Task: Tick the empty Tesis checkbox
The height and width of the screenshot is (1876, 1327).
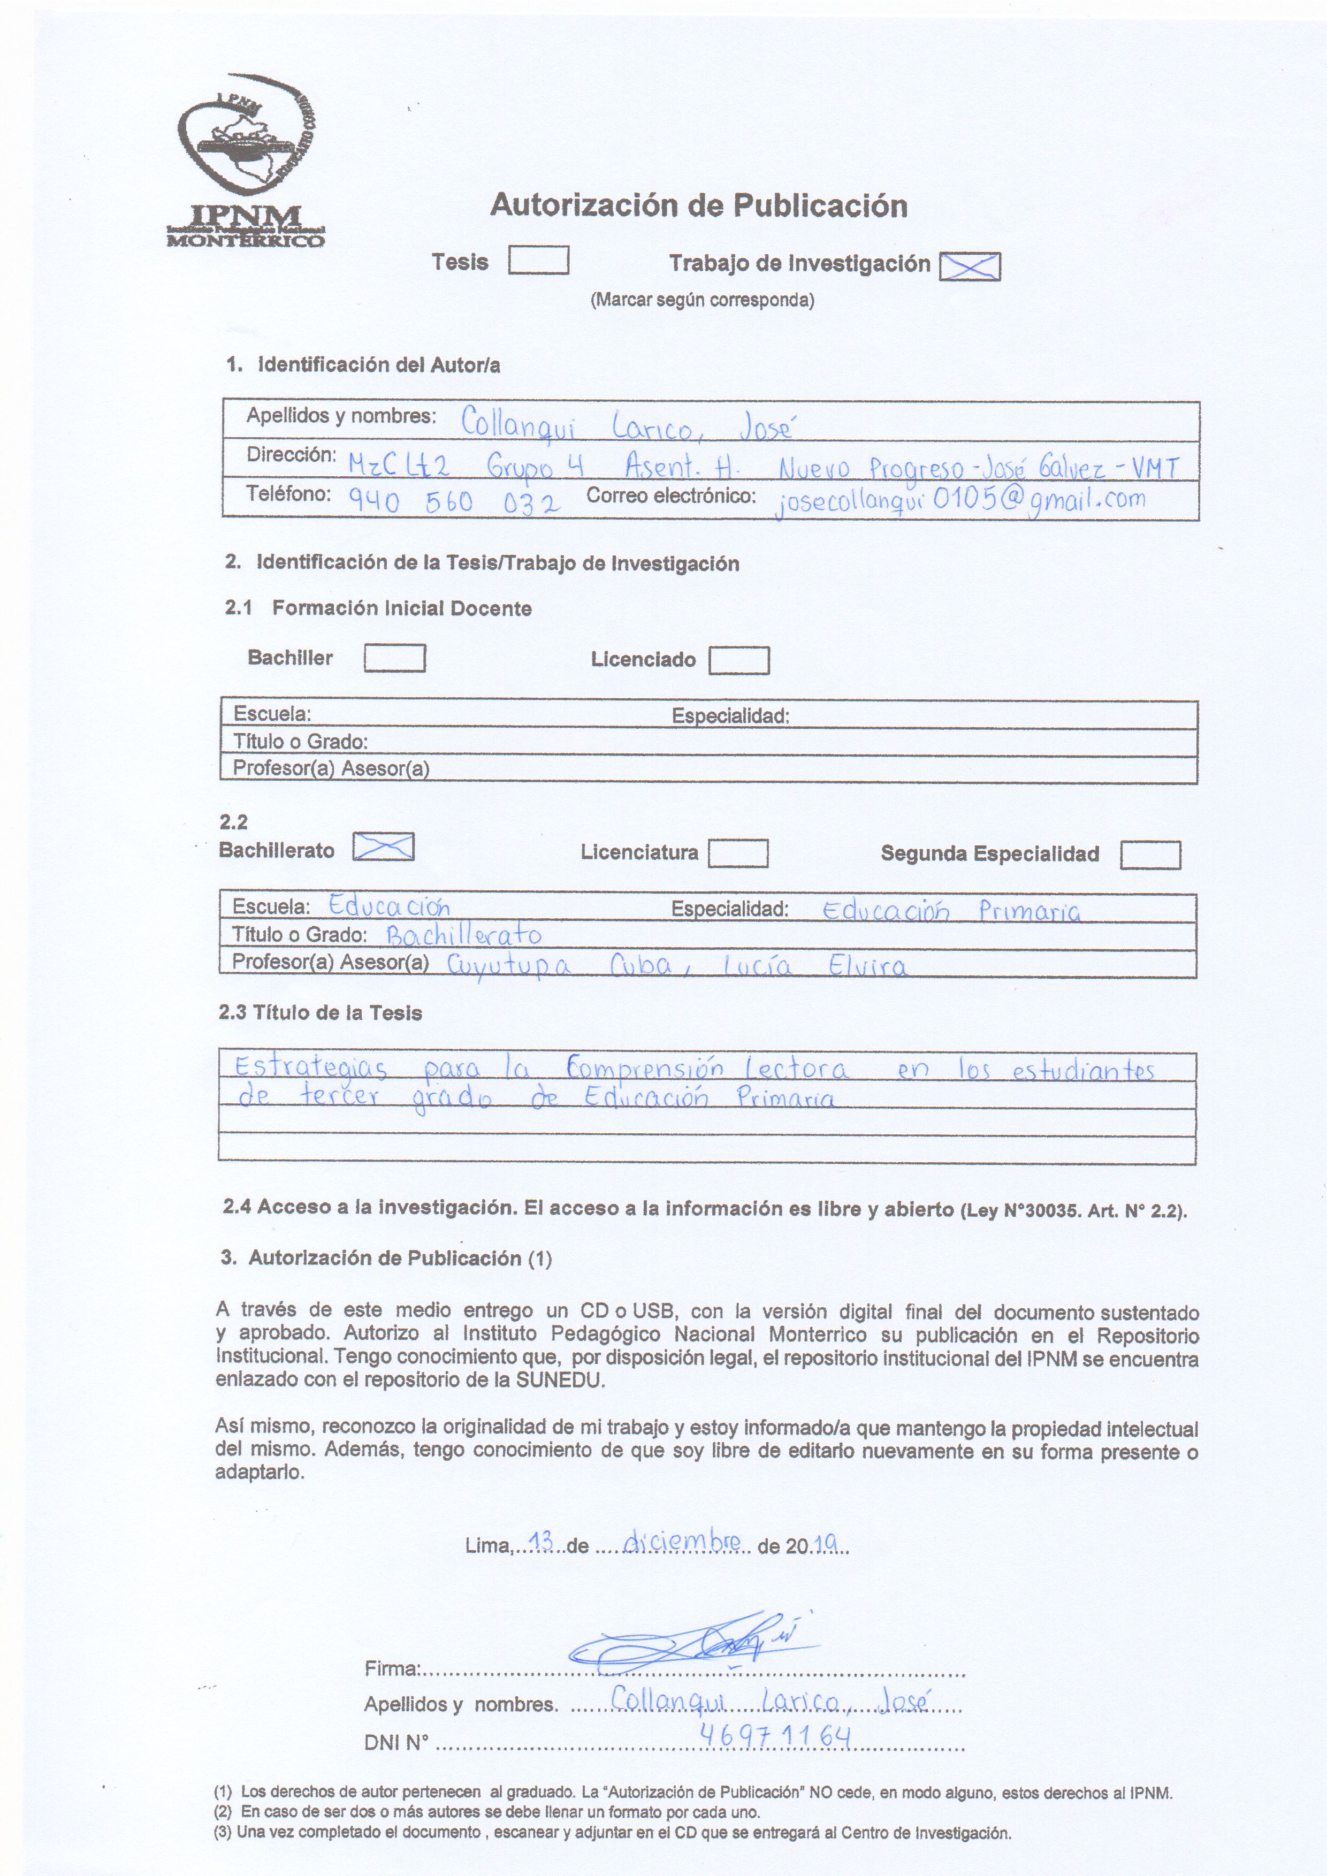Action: point(538,261)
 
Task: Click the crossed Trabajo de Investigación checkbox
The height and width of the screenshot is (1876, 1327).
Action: point(970,265)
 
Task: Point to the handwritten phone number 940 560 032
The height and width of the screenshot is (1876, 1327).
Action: point(454,500)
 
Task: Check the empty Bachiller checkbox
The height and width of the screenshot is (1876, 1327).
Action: point(395,658)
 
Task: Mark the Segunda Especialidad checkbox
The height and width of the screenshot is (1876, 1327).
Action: point(1150,855)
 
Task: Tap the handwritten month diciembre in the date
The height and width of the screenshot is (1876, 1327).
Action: point(682,1542)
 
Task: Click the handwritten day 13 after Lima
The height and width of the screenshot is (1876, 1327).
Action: point(542,1542)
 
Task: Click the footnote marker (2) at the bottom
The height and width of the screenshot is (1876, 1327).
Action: point(223,1811)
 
